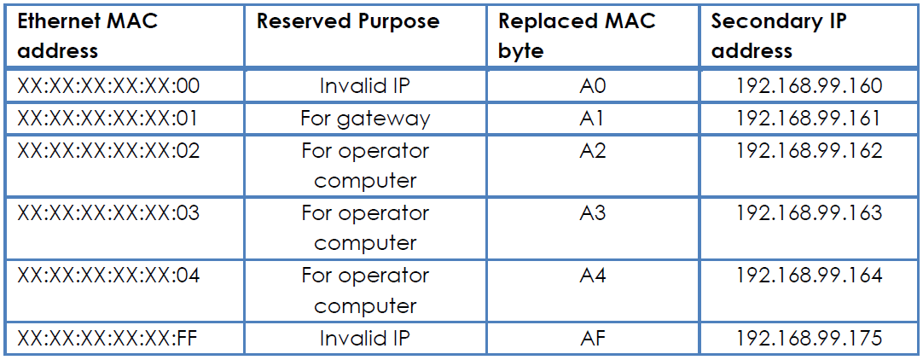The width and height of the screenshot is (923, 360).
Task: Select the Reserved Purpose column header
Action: (x=349, y=21)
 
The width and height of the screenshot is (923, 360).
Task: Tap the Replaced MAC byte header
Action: (x=577, y=36)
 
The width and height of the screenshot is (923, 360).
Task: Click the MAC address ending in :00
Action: (x=109, y=86)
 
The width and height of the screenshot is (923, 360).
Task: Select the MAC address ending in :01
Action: (x=109, y=119)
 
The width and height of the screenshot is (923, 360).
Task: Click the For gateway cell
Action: (x=365, y=119)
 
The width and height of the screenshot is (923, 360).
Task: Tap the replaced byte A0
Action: (x=593, y=86)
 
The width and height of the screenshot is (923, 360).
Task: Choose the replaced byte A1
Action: (x=593, y=119)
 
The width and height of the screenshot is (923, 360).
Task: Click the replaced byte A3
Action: (x=593, y=212)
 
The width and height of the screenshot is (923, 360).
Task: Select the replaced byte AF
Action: (x=593, y=338)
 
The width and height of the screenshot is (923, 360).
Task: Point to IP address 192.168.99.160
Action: (x=809, y=86)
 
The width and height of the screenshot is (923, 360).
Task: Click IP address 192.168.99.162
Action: (x=809, y=151)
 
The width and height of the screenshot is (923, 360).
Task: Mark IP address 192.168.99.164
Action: (x=809, y=276)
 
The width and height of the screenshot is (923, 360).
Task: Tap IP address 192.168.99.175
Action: (x=809, y=338)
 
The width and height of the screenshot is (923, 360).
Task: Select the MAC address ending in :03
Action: (x=109, y=212)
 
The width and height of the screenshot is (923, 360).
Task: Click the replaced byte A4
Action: (x=593, y=276)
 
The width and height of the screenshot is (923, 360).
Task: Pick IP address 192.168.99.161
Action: (x=809, y=119)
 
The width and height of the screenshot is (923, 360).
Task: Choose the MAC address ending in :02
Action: (x=109, y=151)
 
